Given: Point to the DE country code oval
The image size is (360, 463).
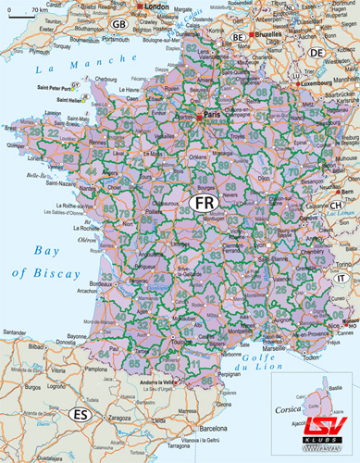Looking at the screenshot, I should pos(317,54).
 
